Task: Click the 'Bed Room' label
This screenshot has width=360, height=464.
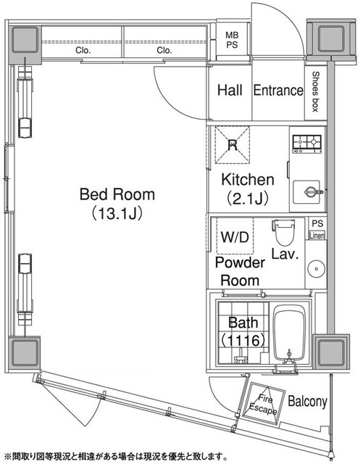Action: (117, 195)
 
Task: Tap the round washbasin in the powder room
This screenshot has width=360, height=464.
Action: (316, 269)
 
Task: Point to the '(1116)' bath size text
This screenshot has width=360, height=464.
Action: (240, 339)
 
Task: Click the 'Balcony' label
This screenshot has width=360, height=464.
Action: (308, 402)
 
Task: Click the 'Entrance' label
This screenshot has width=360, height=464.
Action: (277, 91)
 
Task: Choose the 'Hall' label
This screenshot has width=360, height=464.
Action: (231, 91)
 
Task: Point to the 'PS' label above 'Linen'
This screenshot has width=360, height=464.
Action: (317, 224)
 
